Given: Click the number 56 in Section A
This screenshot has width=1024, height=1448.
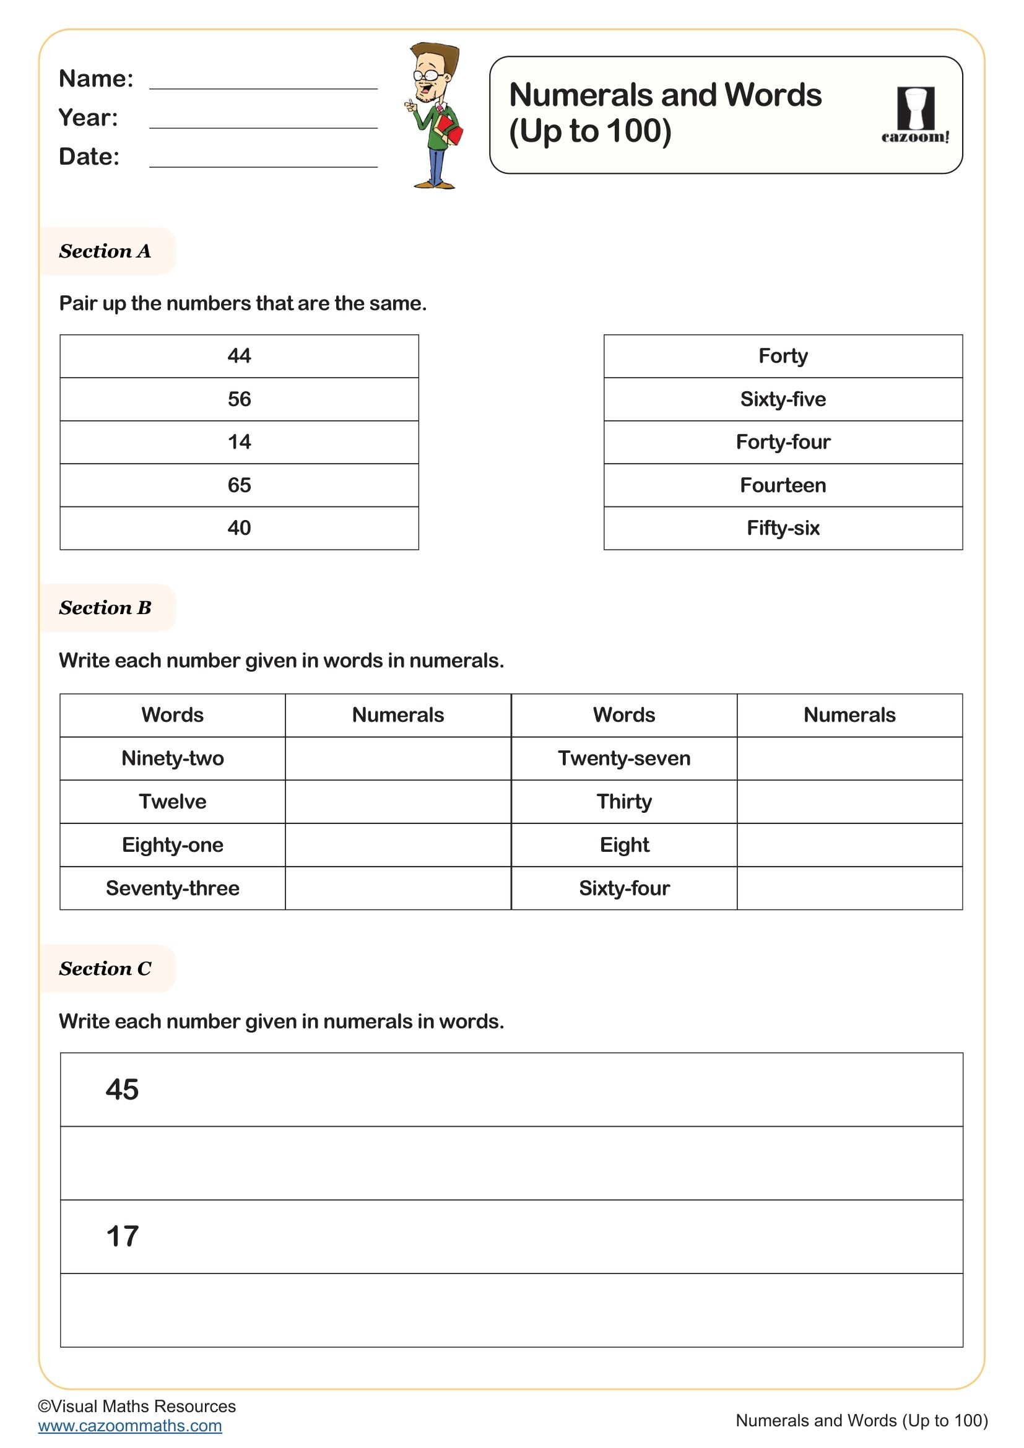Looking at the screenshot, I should point(239,399).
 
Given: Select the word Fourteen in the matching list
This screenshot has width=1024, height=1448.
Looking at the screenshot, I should point(783,485).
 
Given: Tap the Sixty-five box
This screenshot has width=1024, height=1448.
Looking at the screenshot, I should point(783,399).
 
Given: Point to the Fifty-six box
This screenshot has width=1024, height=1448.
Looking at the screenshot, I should point(783,528).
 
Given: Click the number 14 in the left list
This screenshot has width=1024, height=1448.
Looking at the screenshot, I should point(239,442).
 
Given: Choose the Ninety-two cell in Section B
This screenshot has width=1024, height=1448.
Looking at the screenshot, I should point(172,758).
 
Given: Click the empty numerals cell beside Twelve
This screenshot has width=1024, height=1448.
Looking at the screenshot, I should point(398,802).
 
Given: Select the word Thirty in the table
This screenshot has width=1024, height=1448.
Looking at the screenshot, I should point(623,802).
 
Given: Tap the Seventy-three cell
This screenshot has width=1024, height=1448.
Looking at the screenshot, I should point(172,888).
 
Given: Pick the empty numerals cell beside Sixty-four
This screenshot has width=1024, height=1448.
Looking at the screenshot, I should point(849,888).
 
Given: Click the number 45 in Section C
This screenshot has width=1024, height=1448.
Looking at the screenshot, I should point(122,1090).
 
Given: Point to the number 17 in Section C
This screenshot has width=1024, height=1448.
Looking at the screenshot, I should point(122,1237).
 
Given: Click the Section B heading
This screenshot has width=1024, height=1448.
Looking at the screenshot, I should point(105,608).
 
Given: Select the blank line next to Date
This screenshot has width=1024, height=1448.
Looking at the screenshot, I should point(263,160).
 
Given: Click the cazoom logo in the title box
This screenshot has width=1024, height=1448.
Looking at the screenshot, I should point(915,115).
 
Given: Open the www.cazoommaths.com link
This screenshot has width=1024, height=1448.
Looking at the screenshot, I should point(130,1425).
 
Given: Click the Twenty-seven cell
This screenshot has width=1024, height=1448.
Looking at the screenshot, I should point(623,758).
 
